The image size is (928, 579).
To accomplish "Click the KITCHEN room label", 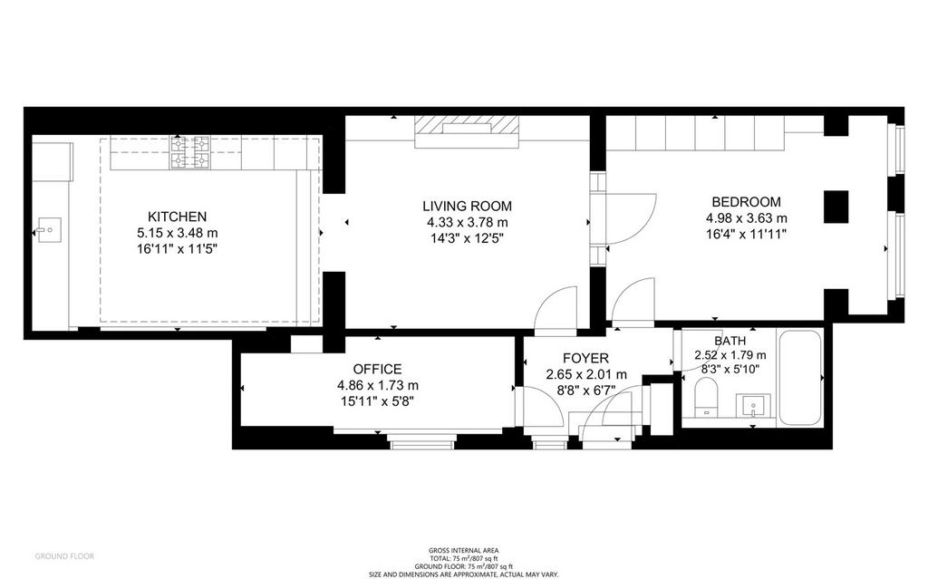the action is tap(177, 217).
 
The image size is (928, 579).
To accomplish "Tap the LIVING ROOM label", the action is tap(467, 206).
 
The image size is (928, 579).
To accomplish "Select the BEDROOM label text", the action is tap(746, 201).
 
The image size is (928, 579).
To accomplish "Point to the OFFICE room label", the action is tap(378, 369).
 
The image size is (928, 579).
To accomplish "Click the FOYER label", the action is tap(585, 358).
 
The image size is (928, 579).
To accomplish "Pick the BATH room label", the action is tap(730, 341).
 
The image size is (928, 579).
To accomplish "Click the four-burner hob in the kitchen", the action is tap(190, 153).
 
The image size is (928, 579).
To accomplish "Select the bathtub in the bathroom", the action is tap(799, 378).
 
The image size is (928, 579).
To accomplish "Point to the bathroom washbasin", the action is tap(753, 406).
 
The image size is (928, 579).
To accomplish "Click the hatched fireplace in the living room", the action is tap(467, 131).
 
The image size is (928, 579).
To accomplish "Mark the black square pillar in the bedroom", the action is tap(836, 207).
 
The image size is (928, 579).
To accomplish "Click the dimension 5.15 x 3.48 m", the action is tap(177, 233).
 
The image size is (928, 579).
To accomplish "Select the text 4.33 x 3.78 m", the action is tap(467, 223).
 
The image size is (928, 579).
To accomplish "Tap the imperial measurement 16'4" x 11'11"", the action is tap(746, 234).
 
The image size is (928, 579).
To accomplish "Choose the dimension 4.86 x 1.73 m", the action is tap(378, 385).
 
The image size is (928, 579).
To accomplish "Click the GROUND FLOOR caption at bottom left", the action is tap(64, 556).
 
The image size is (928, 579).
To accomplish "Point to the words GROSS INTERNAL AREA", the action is tap(463, 551).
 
